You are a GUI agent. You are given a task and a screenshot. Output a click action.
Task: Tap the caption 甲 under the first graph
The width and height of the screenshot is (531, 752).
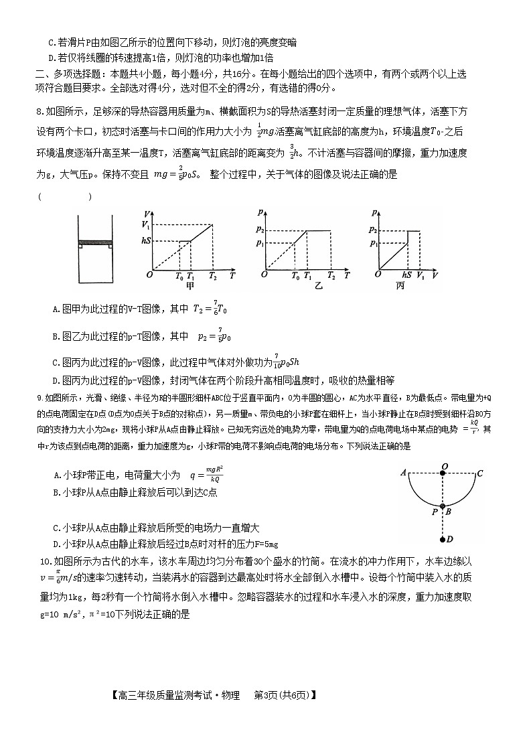(189, 286)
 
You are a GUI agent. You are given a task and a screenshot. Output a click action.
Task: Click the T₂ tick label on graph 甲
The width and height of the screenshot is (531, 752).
(213, 275)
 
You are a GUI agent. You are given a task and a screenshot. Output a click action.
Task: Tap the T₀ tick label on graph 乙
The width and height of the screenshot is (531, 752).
(295, 275)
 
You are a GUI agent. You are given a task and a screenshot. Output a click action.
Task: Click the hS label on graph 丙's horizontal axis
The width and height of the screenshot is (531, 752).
(406, 275)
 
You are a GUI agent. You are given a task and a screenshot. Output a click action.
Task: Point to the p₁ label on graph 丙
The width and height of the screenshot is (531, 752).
(372, 244)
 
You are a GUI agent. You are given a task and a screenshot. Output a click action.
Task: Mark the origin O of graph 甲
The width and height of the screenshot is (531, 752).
(150, 275)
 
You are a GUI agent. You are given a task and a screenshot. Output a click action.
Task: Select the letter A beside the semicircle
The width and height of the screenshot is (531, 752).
(404, 473)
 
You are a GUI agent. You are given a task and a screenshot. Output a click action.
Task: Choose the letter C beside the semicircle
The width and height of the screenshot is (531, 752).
(480, 473)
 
